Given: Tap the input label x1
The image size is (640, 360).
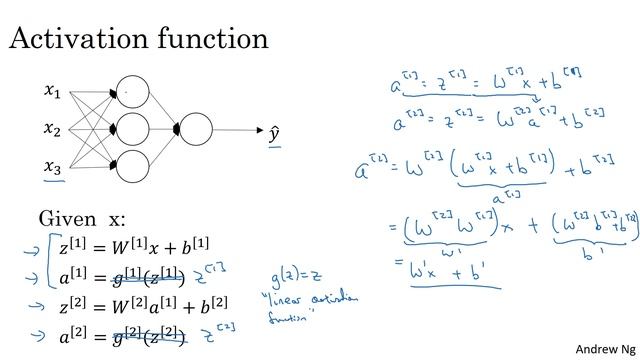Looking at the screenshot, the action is tap(52, 92).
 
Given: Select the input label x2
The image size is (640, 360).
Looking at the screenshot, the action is tap(52, 129).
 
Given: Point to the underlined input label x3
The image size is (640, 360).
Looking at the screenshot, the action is tap(52, 167).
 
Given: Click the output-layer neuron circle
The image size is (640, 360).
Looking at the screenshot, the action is tap(196, 129).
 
